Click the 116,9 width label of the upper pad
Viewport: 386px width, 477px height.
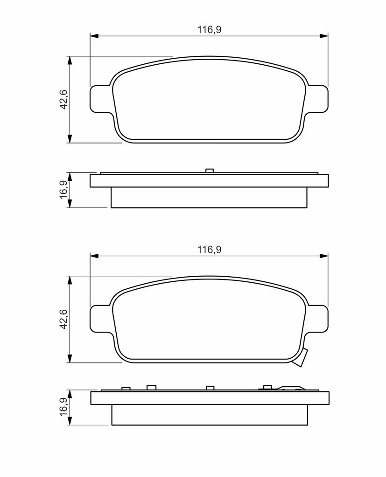coord(209,29)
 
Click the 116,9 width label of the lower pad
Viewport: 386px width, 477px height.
coord(209,250)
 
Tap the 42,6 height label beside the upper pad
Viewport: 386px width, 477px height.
coord(64,100)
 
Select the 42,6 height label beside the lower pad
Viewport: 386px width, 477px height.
coord(64,319)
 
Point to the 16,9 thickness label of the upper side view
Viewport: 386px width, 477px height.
coord(64,190)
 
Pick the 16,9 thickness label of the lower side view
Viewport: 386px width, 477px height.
coord(64,408)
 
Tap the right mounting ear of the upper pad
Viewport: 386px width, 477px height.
coord(318,99)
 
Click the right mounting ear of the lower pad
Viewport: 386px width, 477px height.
coord(318,319)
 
